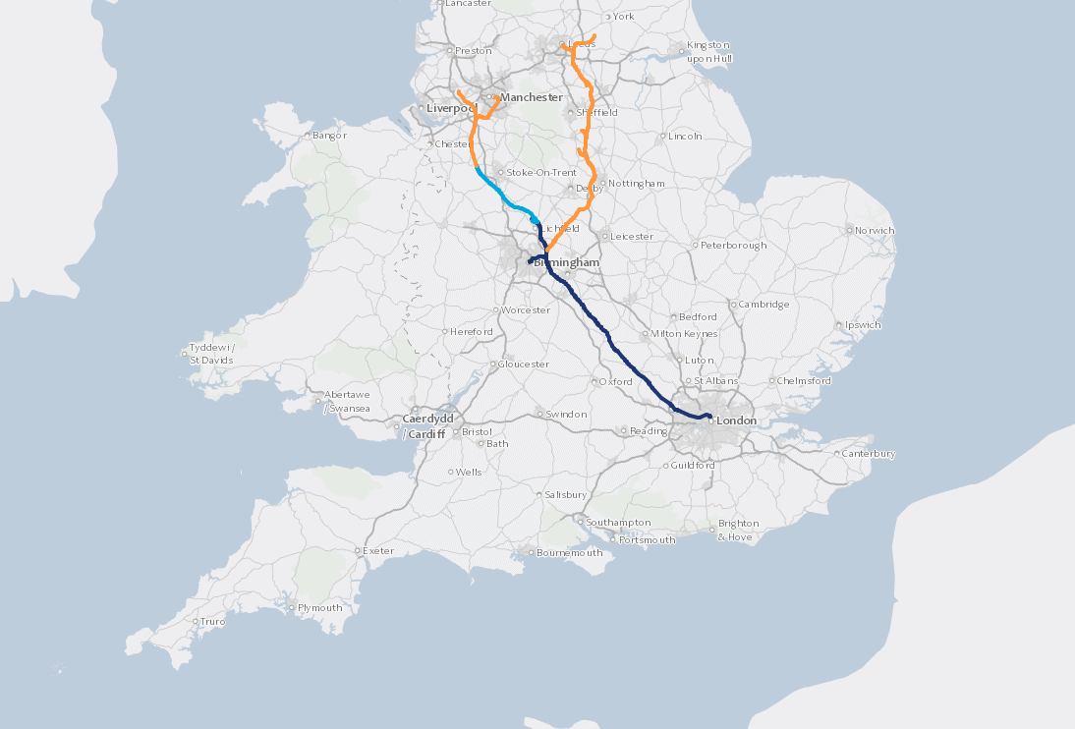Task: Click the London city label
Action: pyautogui.click(x=738, y=421)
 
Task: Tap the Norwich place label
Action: pyautogui.click(x=875, y=231)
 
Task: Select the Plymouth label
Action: pyautogui.click(x=320, y=607)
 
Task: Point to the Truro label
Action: pyautogui.click(x=213, y=622)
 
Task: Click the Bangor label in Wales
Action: pyautogui.click(x=330, y=136)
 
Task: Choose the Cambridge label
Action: pyautogui.click(x=764, y=305)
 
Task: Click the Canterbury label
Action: pyautogui.click(x=870, y=454)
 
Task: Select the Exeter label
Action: pyautogui.click(x=378, y=551)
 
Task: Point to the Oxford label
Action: pyautogui.click(x=617, y=381)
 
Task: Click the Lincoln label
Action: pyautogui.click(x=685, y=137)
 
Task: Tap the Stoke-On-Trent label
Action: pyautogui.click(x=541, y=173)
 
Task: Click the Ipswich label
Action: pyautogui.click(x=864, y=325)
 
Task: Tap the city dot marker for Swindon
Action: pyautogui.click(x=538, y=414)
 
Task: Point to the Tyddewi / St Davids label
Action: pyautogui.click(x=212, y=354)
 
